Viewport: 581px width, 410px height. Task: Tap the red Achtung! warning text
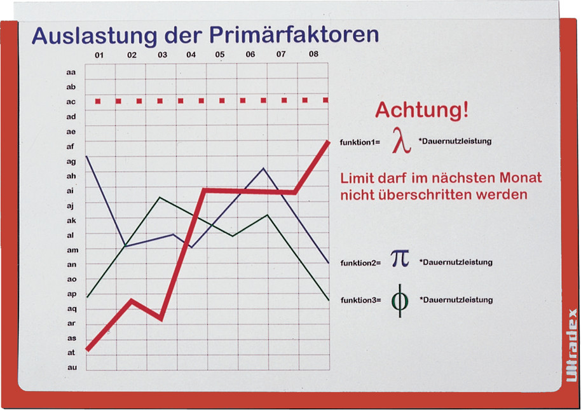(421, 110)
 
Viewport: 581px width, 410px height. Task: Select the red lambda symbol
(402, 140)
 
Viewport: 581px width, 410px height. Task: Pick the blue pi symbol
(400, 258)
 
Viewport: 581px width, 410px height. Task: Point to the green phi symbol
(400, 301)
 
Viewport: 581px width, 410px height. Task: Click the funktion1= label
(360, 142)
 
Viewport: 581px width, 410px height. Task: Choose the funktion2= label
(360, 263)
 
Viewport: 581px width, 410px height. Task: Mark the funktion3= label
(361, 300)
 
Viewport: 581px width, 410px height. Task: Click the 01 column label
(99, 55)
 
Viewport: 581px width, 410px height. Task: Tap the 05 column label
(220, 55)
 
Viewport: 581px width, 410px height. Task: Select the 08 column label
(313, 53)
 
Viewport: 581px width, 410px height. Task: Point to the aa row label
(71, 72)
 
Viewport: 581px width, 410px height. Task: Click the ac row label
(71, 102)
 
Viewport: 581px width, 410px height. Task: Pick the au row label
(72, 367)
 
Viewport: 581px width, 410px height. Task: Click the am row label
(72, 250)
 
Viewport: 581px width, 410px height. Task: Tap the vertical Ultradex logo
(571, 345)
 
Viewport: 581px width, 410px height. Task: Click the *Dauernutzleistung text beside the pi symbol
(456, 263)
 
